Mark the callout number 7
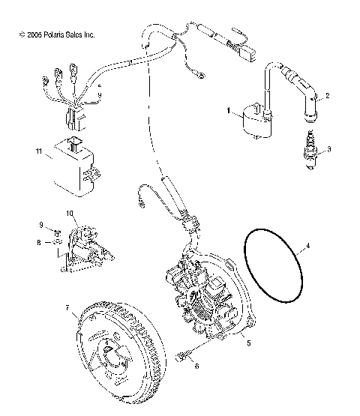[68, 307]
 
